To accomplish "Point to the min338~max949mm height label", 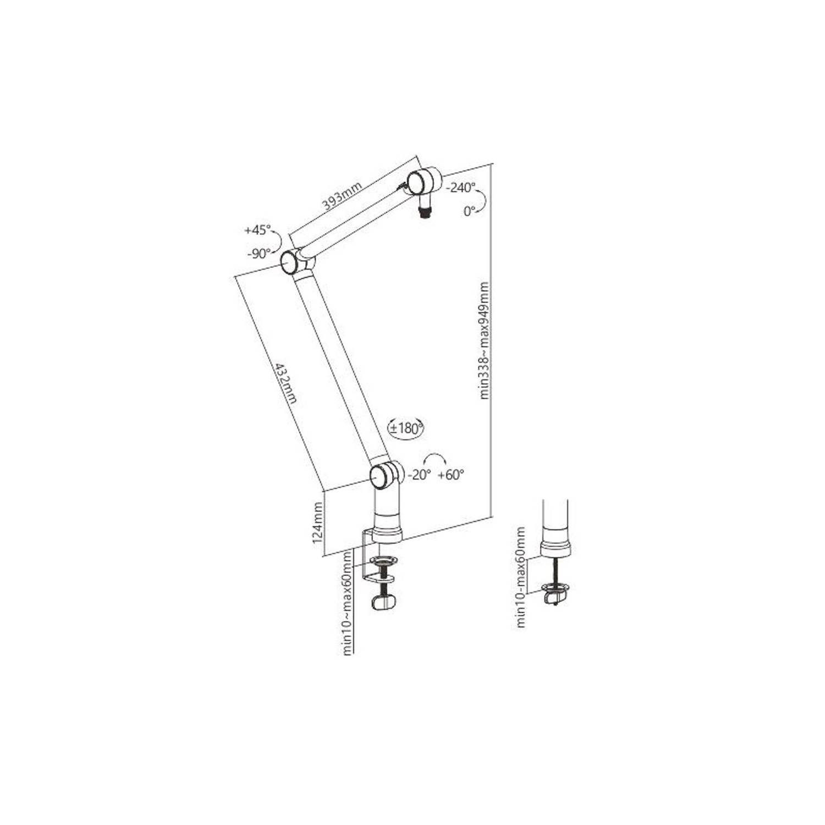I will (484, 340).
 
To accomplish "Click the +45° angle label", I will (257, 230).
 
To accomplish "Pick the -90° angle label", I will (258, 254).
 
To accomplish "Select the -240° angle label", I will (460, 188).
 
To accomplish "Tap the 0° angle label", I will (469, 211).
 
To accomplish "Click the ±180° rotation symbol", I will (406, 428).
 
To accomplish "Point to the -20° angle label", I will (419, 475).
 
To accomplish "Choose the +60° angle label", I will (451, 475).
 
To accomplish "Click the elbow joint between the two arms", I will (291, 262).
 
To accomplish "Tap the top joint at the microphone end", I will (417, 181).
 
